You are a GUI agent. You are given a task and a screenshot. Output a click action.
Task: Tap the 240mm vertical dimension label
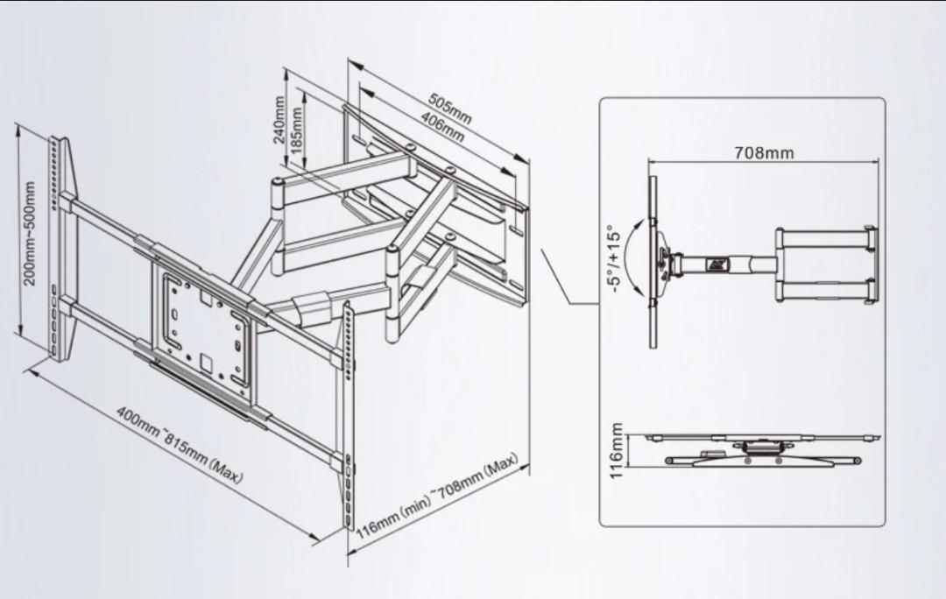coord(279,119)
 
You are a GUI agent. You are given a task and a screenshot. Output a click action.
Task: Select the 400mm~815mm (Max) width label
coord(180,445)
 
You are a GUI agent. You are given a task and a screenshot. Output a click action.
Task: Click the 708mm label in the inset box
coord(764,153)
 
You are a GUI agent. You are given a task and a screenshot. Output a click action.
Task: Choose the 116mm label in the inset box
coord(616,451)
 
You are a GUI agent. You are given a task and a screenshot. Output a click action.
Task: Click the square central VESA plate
coord(204,324)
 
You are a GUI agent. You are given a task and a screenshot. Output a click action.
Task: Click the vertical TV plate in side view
coord(653,261)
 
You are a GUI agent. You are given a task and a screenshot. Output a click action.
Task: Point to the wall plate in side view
coord(871,265)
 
